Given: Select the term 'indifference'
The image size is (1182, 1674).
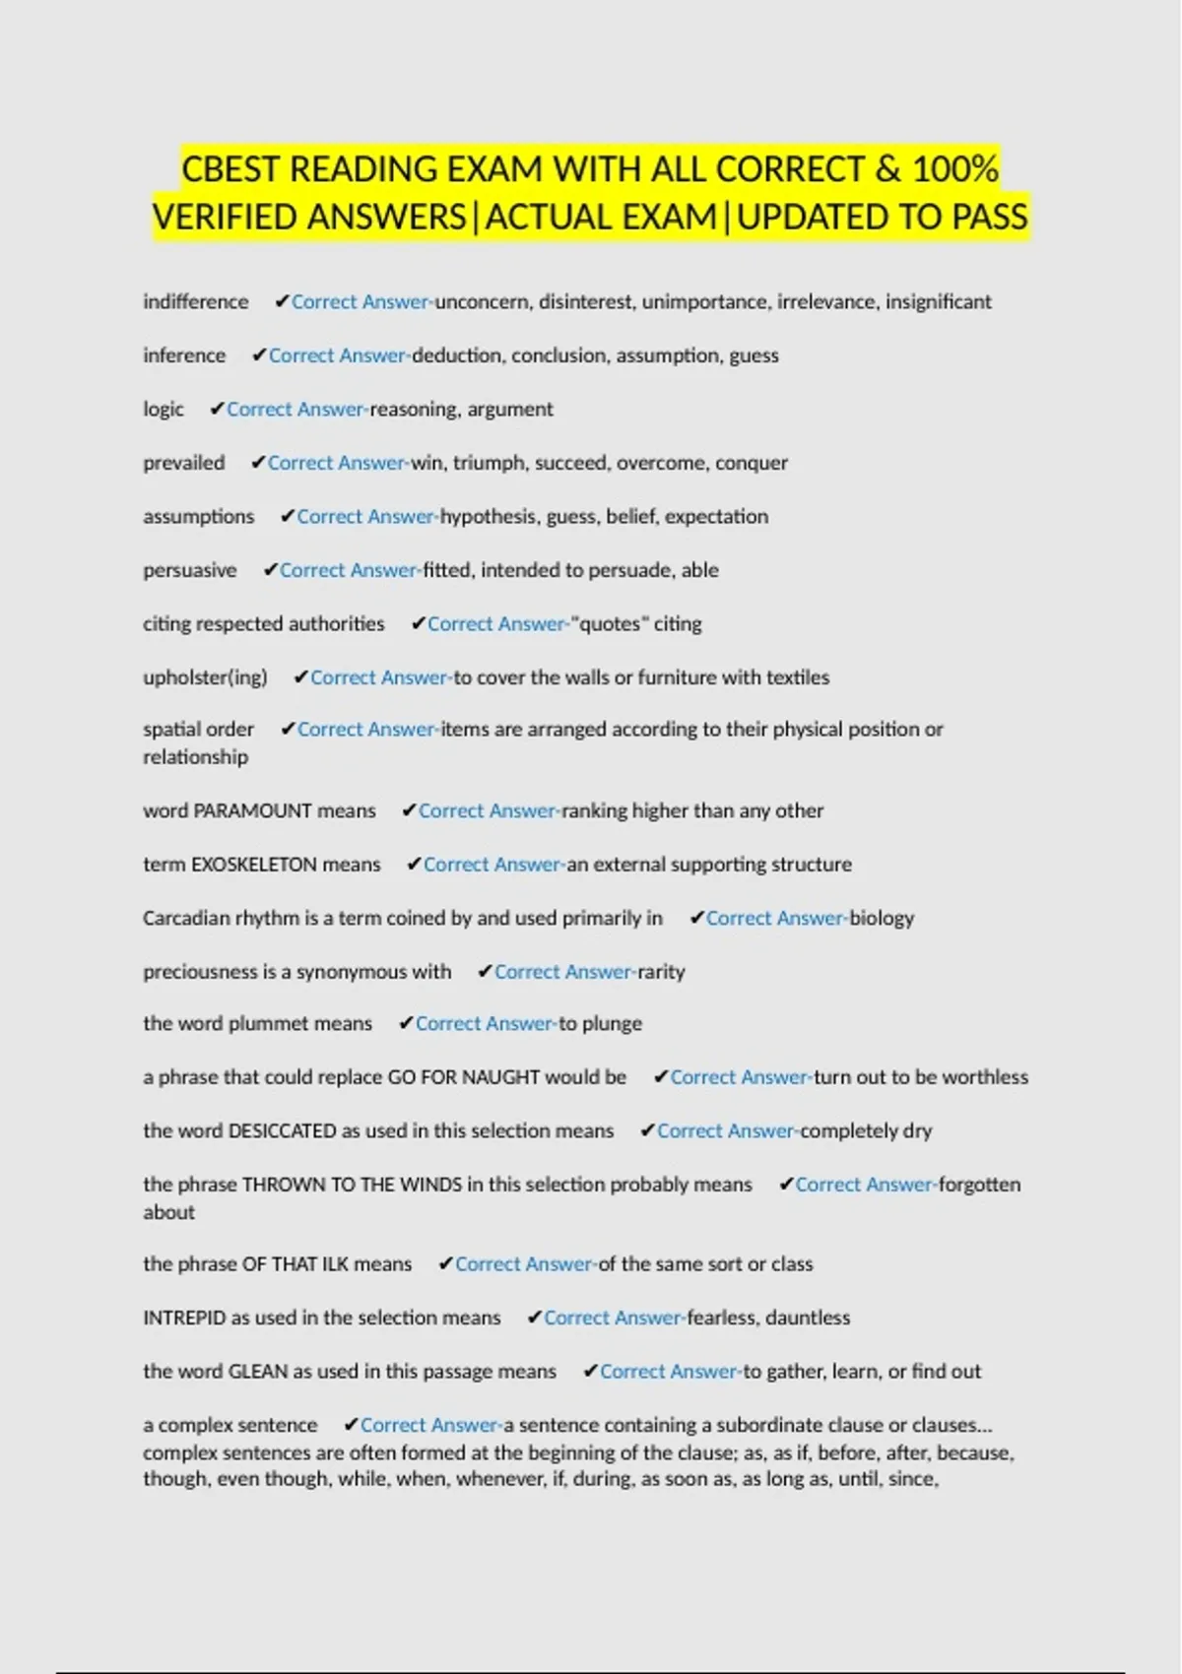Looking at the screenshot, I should pyautogui.click(x=195, y=302).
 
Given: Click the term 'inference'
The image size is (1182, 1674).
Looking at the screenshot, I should pyautogui.click(x=184, y=355).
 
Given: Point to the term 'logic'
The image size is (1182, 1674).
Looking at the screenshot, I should pyautogui.click(x=164, y=410).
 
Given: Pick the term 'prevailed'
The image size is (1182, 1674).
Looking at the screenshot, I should pyautogui.click(x=184, y=463).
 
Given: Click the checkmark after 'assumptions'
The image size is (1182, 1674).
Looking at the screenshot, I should pyautogui.click(x=287, y=516).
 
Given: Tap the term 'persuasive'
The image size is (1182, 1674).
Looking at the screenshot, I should pyautogui.click(x=190, y=570).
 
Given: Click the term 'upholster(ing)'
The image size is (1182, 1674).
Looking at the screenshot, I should pyautogui.click(x=205, y=677).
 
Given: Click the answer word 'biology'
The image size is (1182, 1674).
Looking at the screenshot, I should pyautogui.click(x=882, y=919).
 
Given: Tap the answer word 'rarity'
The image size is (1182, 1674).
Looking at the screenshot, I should pyautogui.click(x=661, y=972).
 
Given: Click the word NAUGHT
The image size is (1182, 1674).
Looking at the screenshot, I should pyautogui.click(x=500, y=1077).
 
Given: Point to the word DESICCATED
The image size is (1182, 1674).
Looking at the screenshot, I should pyautogui.click(x=282, y=1131).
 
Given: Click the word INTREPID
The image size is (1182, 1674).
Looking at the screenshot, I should pyautogui.click(x=184, y=1318).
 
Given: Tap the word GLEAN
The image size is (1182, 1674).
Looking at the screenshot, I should pyautogui.click(x=258, y=1372).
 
